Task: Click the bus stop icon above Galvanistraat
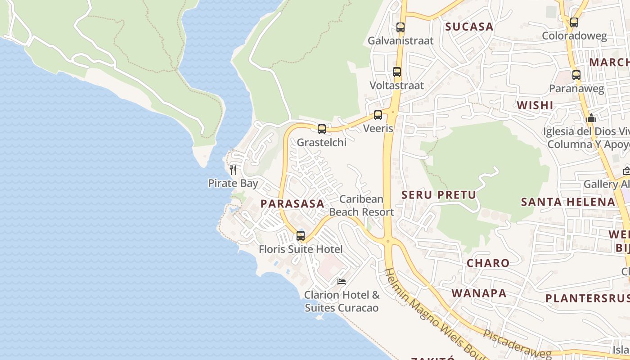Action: pyautogui.click(x=400, y=27)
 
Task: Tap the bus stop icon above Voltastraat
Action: pyautogui.click(x=397, y=72)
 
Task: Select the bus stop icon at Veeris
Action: pyautogui.click(x=378, y=115)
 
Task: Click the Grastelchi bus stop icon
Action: pyautogui.click(x=322, y=129)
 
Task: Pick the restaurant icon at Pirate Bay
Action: pyautogui.click(x=233, y=170)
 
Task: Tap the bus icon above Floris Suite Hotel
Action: pyautogui.click(x=301, y=236)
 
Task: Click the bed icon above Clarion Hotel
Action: pyautogui.click(x=342, y=282)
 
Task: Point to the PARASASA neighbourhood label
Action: pyautogui.click(x=292, y=204)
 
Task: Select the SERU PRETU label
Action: pyautogui.click(x=438, y=195)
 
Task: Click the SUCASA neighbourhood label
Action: pyautogui.click(x=469, y=27)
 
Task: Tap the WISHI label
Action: pyautogui.click(x=535, y=105)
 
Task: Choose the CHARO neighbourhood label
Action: pyautogui.click(x=488, y=263)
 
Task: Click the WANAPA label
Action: pyautogui.click(x=479, y=293)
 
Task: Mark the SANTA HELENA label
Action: pyautogui.click(x=568, y=202)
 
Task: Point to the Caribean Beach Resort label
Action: pyautogui.click(x=361, y=206)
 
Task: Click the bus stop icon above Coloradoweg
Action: pyautogui.click(x=574, y=22)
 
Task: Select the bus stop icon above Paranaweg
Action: pyautogui.click(x=576, y=75)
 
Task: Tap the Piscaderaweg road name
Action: pyautogui.click(x=517, y=346)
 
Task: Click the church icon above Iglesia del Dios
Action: pyautogui.click(x=591, y=118)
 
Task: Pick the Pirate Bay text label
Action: pyautogui.click(x=233, y=184)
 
